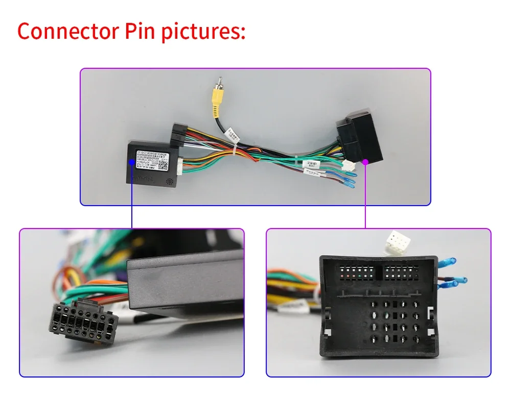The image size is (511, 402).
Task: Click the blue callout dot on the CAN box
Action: coord(132,162)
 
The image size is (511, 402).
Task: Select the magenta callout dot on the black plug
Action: coord(366,162)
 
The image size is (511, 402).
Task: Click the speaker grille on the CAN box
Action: coord(169,181)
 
